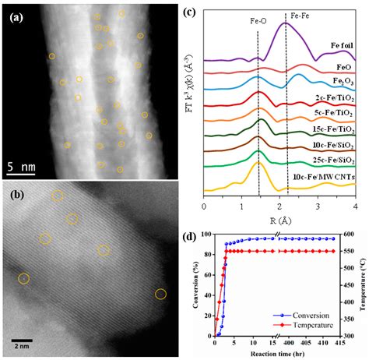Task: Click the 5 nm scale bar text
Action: coord(22,166)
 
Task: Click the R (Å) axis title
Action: coord(269,220)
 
